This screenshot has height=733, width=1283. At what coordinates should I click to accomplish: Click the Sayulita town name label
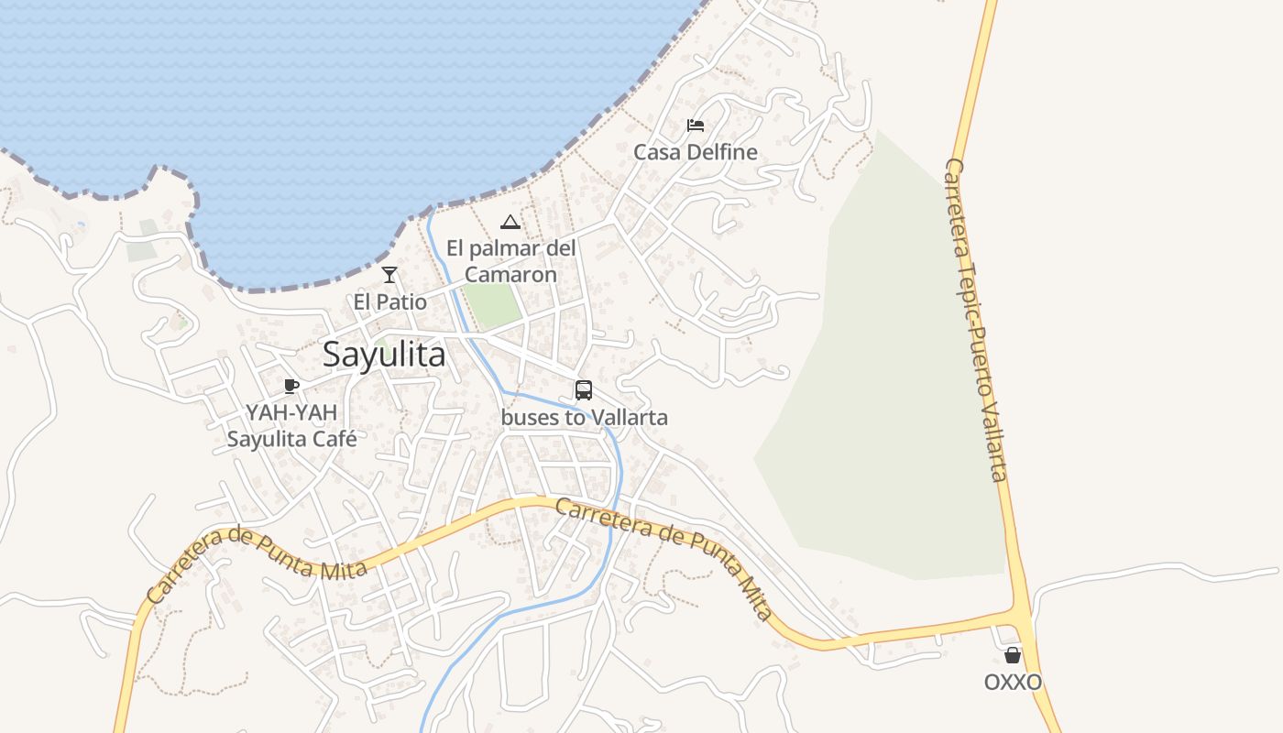(x=384, y=356)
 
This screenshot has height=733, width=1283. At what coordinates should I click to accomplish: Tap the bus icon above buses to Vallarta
(x=584, y=390)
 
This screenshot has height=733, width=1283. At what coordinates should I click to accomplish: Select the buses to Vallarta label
(x=585, y=418)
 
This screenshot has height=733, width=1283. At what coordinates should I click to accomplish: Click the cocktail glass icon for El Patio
(x=389, y=274)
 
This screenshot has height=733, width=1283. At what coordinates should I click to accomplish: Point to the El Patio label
(x=390, y=301)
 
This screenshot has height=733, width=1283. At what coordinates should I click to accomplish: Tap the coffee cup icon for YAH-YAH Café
(x=291, y=386)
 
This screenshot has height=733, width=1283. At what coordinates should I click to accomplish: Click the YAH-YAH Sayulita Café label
(x=291, y=426)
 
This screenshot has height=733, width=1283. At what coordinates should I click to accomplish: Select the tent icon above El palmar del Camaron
(x=510, y=222)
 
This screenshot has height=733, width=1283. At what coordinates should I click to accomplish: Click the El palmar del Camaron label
(x=511, y=261)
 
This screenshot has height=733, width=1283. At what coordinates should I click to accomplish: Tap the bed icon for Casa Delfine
(x=696, y=126)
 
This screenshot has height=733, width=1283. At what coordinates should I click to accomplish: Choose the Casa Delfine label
(x=696, y=152)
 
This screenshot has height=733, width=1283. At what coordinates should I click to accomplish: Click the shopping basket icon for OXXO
(x=1013, y=655)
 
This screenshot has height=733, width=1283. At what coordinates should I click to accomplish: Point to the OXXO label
(x=1013, y=683)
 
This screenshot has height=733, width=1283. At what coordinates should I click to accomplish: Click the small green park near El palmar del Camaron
(x=491, y=304)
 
